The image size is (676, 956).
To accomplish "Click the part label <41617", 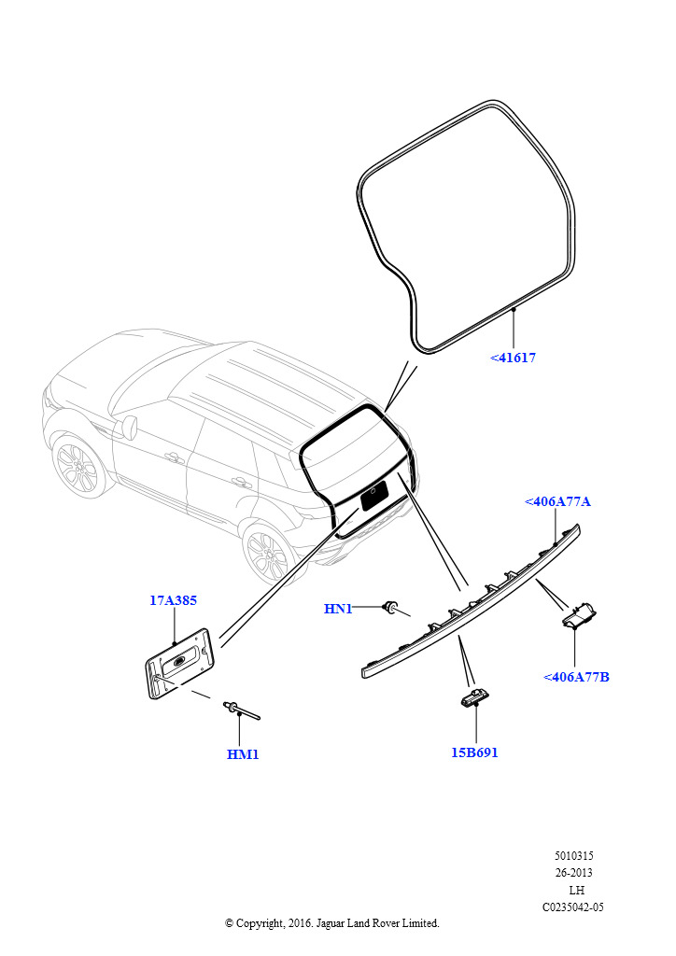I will click(513, 358).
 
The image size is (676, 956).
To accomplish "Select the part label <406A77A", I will click(557, 501).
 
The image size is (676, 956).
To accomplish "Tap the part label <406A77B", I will click(576, 677).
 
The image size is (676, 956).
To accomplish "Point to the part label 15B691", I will click(474, 752).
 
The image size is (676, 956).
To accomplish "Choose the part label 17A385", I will click(173, 601).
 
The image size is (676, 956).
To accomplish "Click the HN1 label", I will click(338, 610).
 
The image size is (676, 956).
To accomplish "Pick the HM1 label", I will click(243, 754).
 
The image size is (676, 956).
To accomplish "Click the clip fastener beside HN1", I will click(393, 608).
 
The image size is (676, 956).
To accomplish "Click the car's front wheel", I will click(77, 467).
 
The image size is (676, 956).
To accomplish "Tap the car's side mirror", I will click(131, 428).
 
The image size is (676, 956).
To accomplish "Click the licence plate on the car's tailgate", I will click(374, 495).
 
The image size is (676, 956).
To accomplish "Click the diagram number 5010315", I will click(573, 855).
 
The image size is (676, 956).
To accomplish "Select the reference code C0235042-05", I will click(573, 907).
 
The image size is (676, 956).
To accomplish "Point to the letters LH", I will click(576, 890).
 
